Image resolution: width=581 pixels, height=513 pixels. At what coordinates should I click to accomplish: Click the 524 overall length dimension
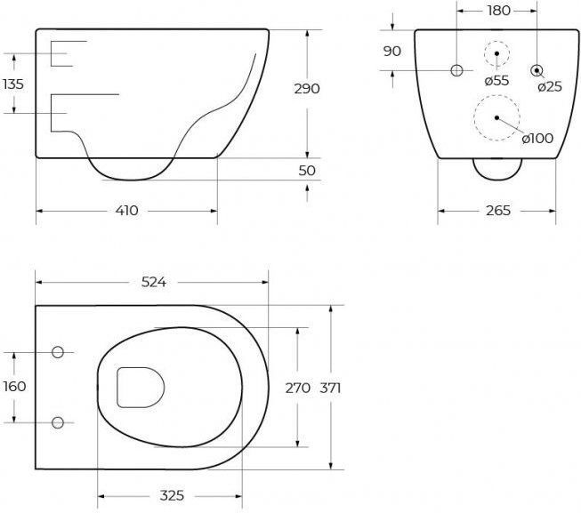[x=154, y=283]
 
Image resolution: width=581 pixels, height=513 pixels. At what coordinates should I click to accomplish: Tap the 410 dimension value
[x=126, y=211]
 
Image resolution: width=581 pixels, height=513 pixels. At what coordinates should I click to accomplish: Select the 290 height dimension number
[x=307, y=89]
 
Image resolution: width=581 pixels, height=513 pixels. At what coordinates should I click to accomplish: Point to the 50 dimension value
[x=307, y=171]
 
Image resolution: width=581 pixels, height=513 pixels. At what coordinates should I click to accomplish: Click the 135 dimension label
[x=13, y=84]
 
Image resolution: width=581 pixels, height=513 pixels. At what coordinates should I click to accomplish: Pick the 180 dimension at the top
[x=499, y=11]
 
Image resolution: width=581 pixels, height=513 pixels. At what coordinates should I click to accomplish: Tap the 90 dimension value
[x=392, y=51]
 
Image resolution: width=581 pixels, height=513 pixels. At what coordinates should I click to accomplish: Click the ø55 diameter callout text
[x=496, y=80]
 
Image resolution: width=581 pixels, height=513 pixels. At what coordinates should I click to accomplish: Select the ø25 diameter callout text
[x=550, y=86]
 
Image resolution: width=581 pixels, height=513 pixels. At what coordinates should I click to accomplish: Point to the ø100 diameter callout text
[x=537, y=139]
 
